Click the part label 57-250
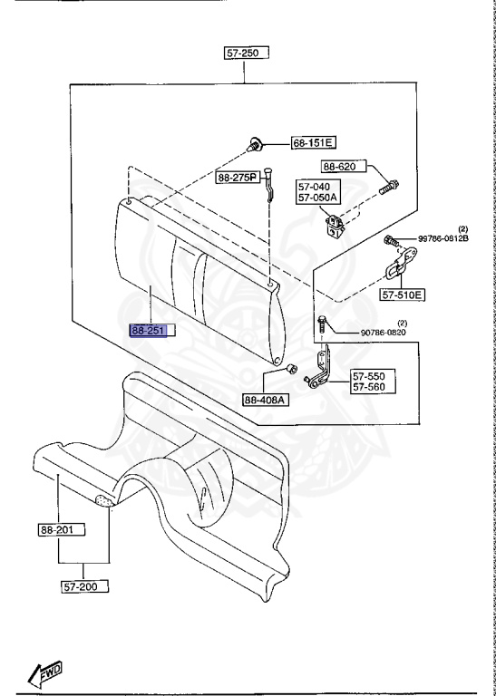[242, 53]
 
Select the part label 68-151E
[313, 142]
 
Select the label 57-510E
[403, 295]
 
